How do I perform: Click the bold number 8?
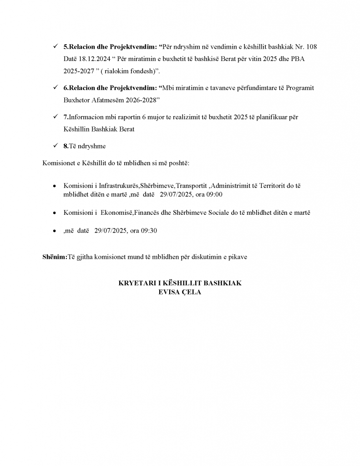pyautogui.click(x=66, y=146)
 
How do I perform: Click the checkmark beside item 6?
pyautogui.click(x=55, y=87)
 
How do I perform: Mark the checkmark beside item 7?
pyautogui.click(x=55, y=117)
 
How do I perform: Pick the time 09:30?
pyautogui.click(x=148, y=231)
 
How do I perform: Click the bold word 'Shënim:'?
pyautogui.click(x=55, y=257)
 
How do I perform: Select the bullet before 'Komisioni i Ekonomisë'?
pyautogui.click(x=55, y=213)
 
